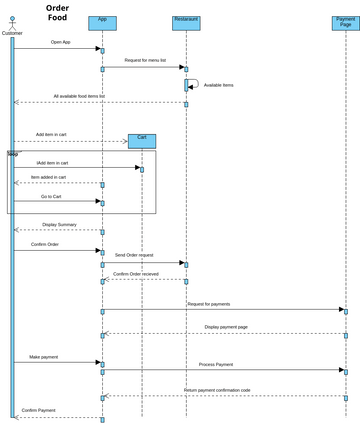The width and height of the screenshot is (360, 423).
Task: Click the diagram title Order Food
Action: pos(58,13)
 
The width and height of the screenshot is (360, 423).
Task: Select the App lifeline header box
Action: pos(102,23)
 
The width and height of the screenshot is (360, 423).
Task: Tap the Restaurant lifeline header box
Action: pos(186,23)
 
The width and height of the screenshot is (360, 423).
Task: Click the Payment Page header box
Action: pos(345,23)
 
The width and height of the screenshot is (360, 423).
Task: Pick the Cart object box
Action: pos(142,141)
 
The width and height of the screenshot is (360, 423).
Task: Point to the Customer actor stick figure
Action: pos(12,22)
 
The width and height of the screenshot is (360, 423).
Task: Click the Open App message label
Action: pos(60,43)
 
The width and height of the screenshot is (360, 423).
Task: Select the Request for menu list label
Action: pos(146,60)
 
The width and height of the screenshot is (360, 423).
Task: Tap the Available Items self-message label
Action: pos(219,85)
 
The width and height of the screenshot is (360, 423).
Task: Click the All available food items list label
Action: pos(79,97)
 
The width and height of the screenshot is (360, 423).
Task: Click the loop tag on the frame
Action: pos(13,154)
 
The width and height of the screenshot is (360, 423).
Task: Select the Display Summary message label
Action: pos(60,225)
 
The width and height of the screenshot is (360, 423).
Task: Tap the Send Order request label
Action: pos(134,256)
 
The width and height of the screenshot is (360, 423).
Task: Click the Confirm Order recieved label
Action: pos(136,273)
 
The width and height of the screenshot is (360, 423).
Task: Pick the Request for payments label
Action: pos(208,303)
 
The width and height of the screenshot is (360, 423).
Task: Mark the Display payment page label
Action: pos(226,327)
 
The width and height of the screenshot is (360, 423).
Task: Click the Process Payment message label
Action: pos(216,365)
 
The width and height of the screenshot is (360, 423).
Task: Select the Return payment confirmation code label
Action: pos(217,390)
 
